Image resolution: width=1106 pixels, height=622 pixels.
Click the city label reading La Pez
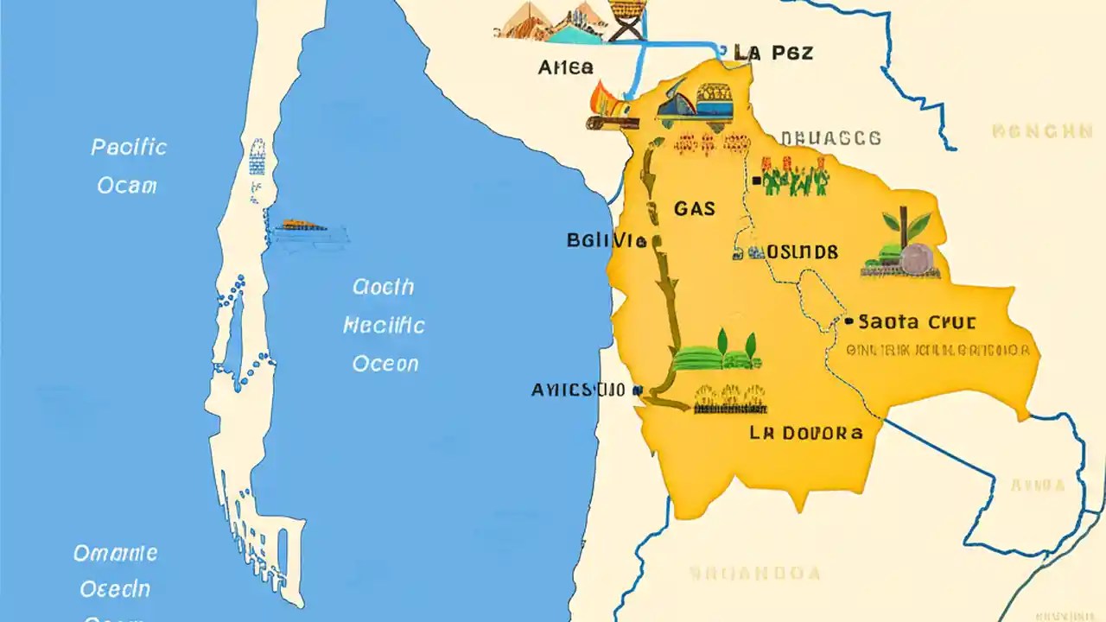click(x=772, y=53)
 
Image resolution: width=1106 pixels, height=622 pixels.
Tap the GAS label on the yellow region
click(x=694, y=208)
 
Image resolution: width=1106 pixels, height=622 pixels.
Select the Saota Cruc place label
click(x=917, y=322)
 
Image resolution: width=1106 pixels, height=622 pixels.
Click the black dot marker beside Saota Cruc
click(x=849, y=321)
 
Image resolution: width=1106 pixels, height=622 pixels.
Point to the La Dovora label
click(x=805, y=433)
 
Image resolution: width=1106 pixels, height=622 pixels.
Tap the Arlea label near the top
click(x=566, y=67)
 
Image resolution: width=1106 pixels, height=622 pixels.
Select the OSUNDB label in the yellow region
click(x=802, y=252)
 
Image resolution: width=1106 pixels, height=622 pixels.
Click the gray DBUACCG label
click(x=830, y=138)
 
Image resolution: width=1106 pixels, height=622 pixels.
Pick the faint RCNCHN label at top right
click(x=1042, y=132)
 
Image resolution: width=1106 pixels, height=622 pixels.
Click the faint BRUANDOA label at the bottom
click(x=754, y=572)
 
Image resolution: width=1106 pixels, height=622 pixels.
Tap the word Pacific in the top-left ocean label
click(x=129, y=148)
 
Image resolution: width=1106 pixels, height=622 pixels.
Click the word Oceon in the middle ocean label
click(x=385, y=364)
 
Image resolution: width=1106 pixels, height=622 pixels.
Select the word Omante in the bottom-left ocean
click(x=115, y=553)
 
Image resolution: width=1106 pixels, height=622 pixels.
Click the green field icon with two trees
click(x=716, y=352)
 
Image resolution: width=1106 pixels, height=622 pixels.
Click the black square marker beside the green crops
click(x=757, y=181)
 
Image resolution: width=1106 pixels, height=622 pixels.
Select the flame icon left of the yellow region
click(x=602, y=102)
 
